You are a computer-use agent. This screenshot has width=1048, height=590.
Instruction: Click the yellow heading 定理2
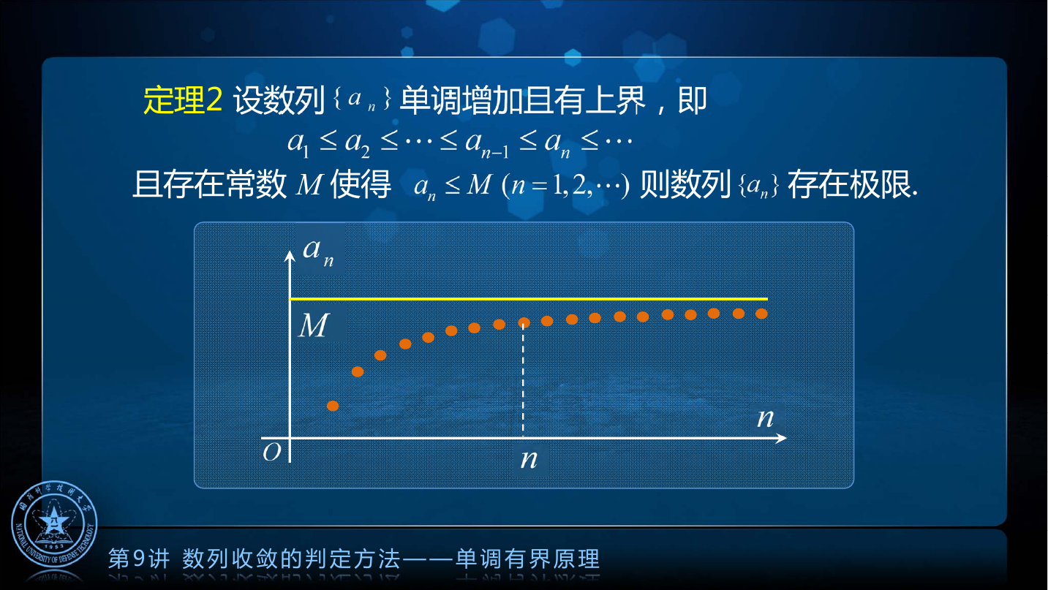click(183, 100)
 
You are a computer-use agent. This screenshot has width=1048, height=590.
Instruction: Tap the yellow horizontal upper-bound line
click(529, 298)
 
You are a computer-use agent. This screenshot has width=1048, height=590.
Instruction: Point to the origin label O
click(272, 452)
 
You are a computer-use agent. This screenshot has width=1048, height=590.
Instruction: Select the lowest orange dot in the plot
click(333, 406)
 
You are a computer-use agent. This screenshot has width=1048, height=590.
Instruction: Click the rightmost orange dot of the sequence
click(761, 314)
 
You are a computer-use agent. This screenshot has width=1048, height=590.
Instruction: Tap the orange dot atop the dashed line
click(524, 322)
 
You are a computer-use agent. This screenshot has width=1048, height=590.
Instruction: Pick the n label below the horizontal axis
click(529, 459)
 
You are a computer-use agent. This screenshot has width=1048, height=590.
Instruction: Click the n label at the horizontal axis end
click(766, 417)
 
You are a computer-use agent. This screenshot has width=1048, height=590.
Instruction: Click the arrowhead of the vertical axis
click(290, 255)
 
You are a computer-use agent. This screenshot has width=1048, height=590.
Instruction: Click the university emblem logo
click(54, 523)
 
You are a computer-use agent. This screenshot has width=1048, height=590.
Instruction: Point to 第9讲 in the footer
click(139, 559)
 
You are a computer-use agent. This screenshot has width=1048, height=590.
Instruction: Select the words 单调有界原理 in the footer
click(528, 559)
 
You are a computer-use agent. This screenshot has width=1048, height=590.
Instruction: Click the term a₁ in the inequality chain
click(298, 143)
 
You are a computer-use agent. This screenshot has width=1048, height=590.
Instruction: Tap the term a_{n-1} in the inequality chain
click(486, 143)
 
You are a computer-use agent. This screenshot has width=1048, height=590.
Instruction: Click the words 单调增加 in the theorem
click(461, 100)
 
